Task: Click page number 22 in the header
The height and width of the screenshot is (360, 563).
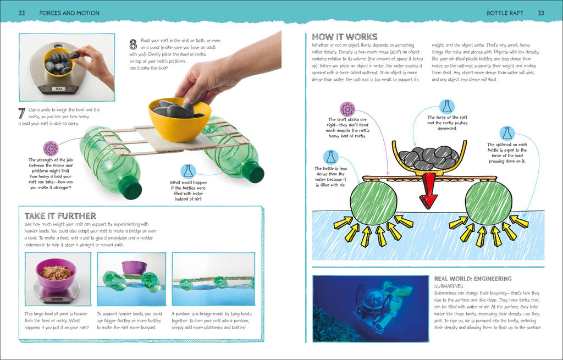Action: (x=21, y=13)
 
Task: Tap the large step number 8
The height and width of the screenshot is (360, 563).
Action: (x=133, y=43)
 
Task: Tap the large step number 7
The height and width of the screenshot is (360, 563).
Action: (x=21, y=114)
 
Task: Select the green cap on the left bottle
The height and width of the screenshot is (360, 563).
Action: (x=131, y=189)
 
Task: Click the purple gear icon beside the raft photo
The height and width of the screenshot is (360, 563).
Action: (x=51, y=148)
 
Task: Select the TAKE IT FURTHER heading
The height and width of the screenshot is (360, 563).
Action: (x=60, y=216)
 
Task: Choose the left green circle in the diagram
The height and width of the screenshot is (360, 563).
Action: (x=374, y=202)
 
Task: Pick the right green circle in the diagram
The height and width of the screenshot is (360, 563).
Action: (x=488, y=202)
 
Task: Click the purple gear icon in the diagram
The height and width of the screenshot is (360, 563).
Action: (x=347, y=109)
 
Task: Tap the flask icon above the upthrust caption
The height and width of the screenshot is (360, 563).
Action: (x=507, y=133)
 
